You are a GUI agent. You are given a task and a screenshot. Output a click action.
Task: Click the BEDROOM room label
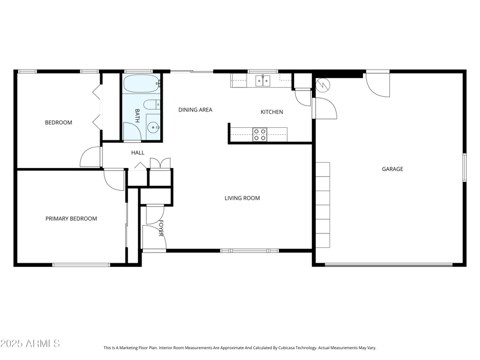[x=58, y=122]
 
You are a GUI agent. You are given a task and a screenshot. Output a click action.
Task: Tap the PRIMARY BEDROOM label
[x=71, y=218]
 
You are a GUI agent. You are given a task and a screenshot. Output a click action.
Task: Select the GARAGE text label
[x=392, y=169]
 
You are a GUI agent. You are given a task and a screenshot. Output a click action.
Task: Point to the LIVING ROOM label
[x=242, y=198]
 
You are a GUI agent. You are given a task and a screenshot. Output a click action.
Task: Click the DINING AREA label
[x=196, y=110]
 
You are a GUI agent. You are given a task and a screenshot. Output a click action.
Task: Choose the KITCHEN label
[x=272, y=112]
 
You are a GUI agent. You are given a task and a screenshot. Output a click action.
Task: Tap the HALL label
[x=138, y=152]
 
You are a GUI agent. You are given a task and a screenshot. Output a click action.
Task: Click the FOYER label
[x=161, y=228]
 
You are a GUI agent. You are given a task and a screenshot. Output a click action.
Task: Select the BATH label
[x=137, y=116]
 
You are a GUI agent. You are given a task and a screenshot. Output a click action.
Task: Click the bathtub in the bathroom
[x=142, y=83]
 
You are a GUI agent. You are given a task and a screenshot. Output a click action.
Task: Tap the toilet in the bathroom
[x=152, y=105]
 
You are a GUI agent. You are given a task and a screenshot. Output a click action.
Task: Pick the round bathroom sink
[x=153, y=127]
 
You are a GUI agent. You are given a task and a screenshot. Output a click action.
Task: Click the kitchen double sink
[x=263, y=81]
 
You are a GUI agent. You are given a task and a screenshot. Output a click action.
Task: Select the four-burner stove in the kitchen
[x=260, y=134]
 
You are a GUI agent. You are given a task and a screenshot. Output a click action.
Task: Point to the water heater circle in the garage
[x=323, y=85]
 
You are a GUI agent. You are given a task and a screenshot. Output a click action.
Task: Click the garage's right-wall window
[x=464, y=167]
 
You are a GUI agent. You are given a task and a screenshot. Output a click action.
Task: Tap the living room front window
[x=250, y=251]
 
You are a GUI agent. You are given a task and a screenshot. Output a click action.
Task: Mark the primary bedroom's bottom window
[x=81, y=265]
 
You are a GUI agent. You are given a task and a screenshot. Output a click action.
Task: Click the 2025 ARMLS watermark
[x=30, y=343]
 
